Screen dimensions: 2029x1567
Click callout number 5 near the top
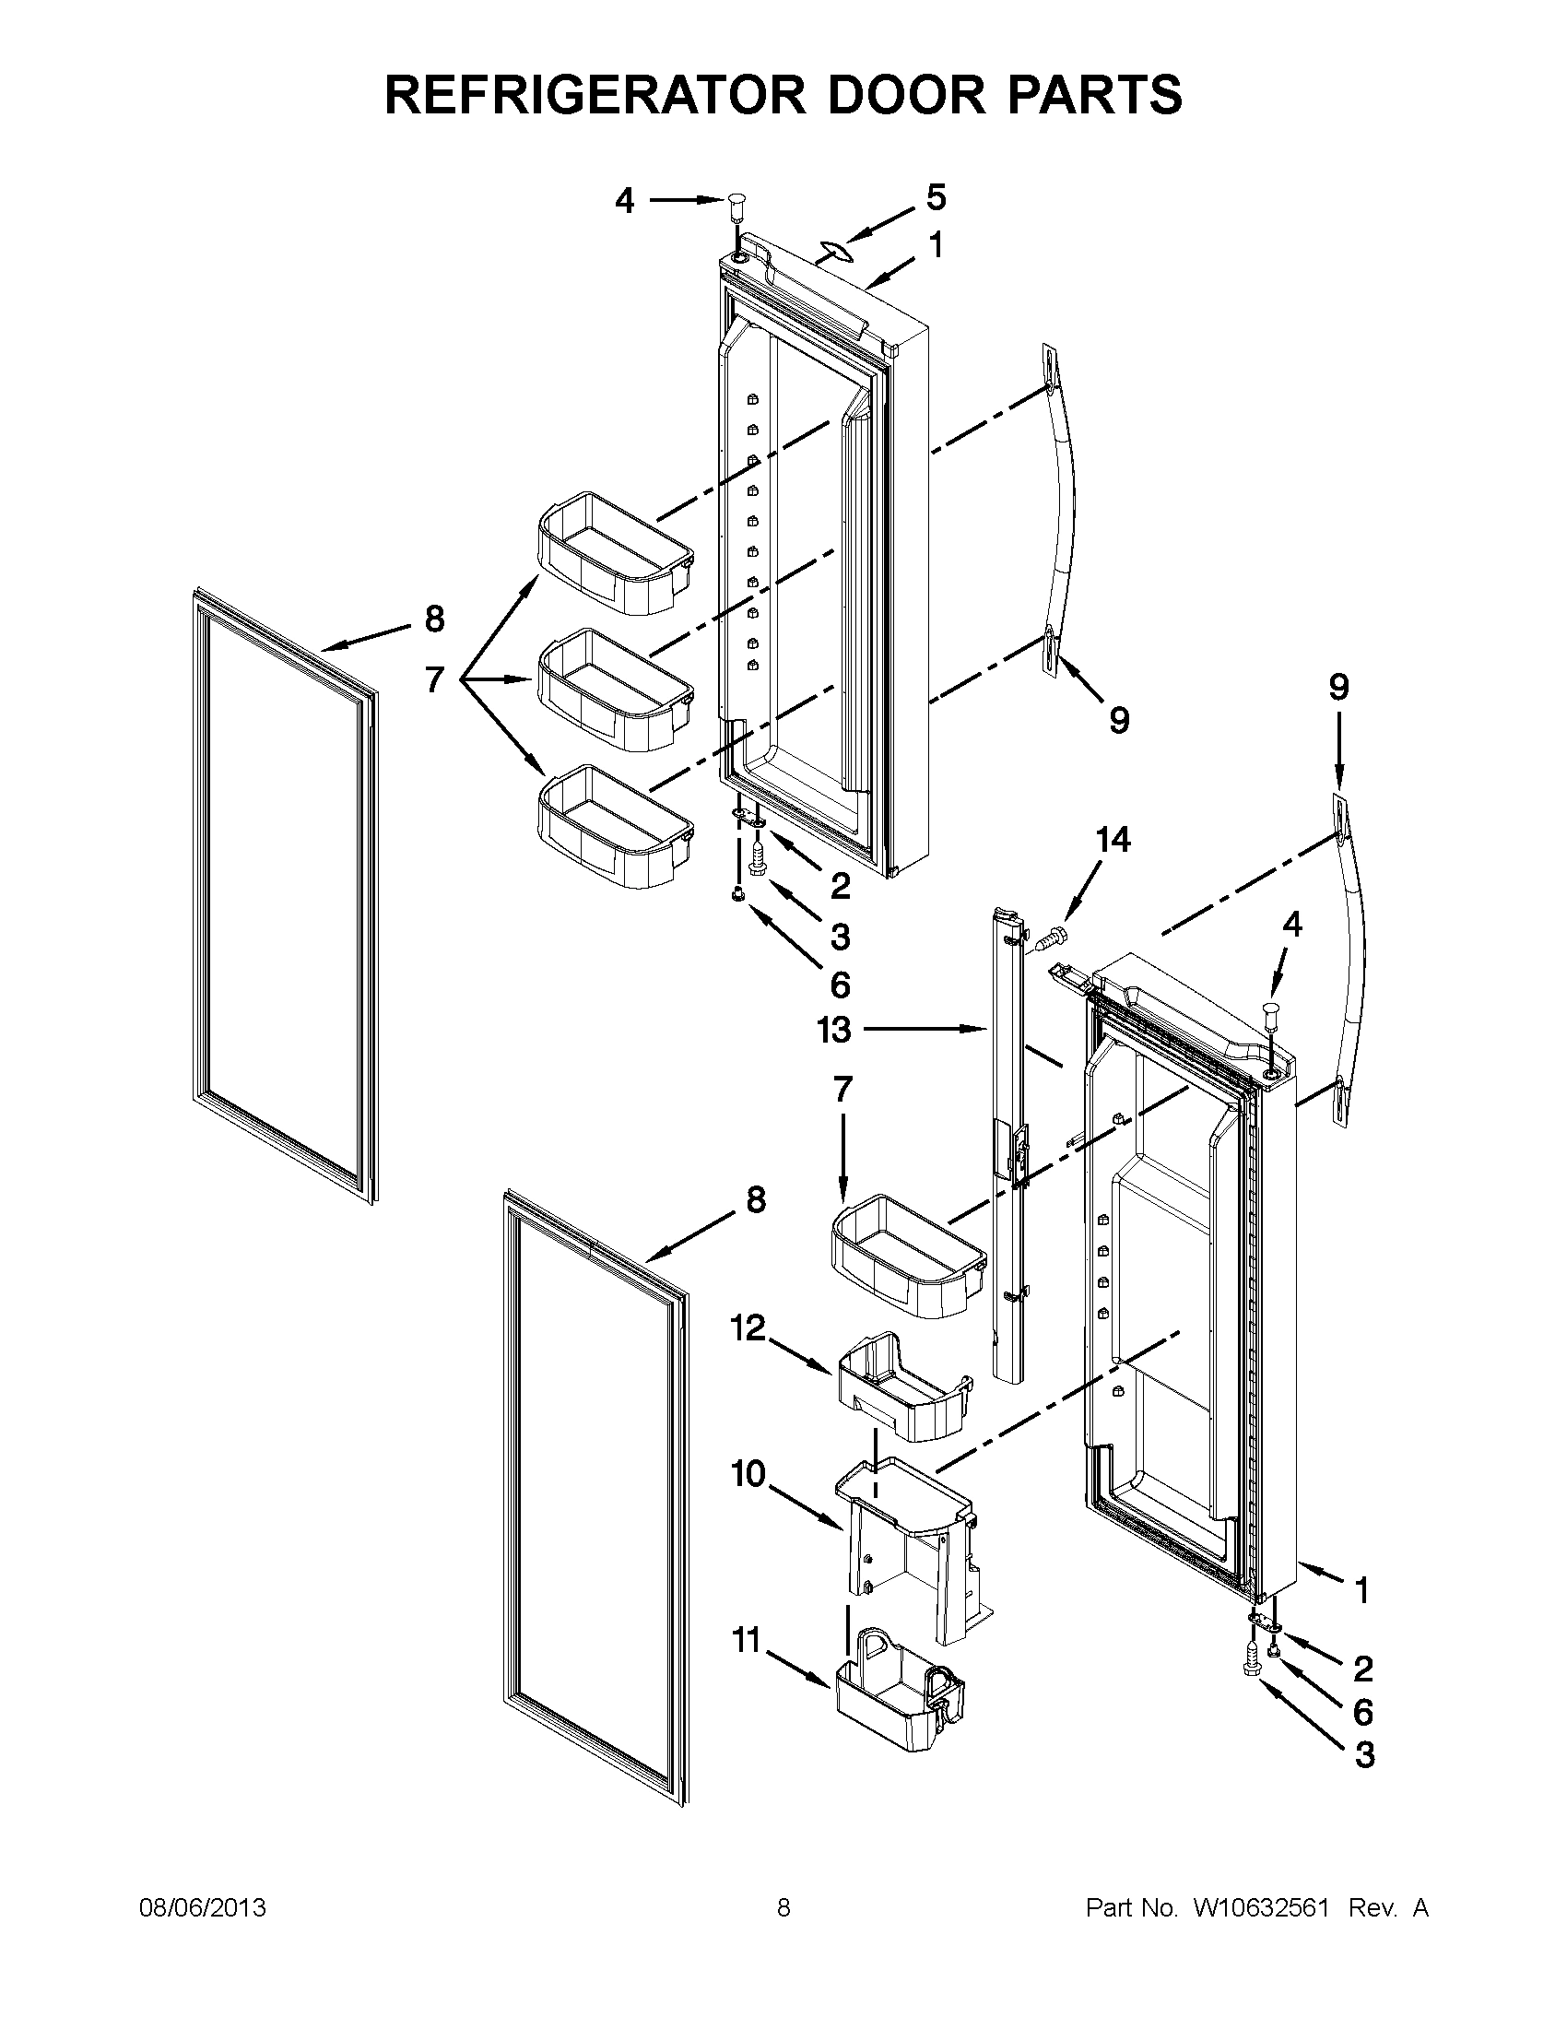tap(936, 198)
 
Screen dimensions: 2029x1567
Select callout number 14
tap(1113, 840)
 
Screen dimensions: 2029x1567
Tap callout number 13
tap(833, 1030)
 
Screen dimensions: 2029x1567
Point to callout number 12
tap(748, 1328)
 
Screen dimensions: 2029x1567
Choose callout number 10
tap(748, 1473)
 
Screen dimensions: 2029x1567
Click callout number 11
tap(747, 1642)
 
